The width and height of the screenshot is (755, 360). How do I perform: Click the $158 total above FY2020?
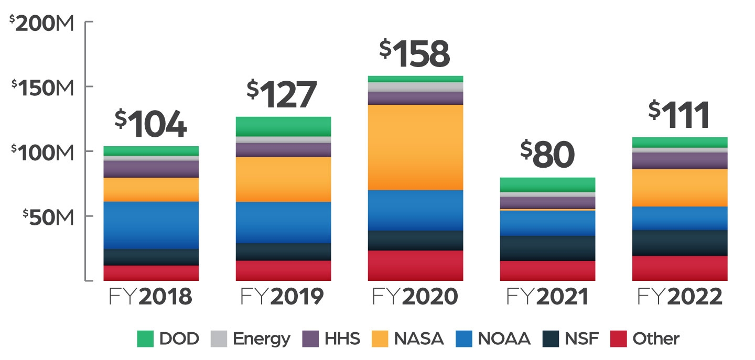(415, 54)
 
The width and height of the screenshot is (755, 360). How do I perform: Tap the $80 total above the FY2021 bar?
(547, 156)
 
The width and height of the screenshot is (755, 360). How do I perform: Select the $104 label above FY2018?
(150, 124)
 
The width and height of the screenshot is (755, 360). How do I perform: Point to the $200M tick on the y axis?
(43, 23)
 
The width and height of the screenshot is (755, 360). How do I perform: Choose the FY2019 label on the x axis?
(282, 297)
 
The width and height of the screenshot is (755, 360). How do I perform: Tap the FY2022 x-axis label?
(679, 297)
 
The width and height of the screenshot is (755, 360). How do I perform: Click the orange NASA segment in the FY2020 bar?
(415, 147)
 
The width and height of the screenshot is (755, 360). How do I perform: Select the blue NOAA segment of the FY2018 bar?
(151, 225)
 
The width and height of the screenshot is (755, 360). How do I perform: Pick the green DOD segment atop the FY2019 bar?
(283, 126)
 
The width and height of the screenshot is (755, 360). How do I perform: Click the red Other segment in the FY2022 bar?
(680, 268)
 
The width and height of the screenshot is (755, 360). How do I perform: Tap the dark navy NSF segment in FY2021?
(547, 248)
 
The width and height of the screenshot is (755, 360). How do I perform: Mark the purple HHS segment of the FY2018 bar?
(151, 169)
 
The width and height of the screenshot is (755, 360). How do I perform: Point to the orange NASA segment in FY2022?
(680, 188)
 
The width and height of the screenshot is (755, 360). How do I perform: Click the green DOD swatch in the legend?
(145, 339)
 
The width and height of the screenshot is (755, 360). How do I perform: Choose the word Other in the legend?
(655, 339)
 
